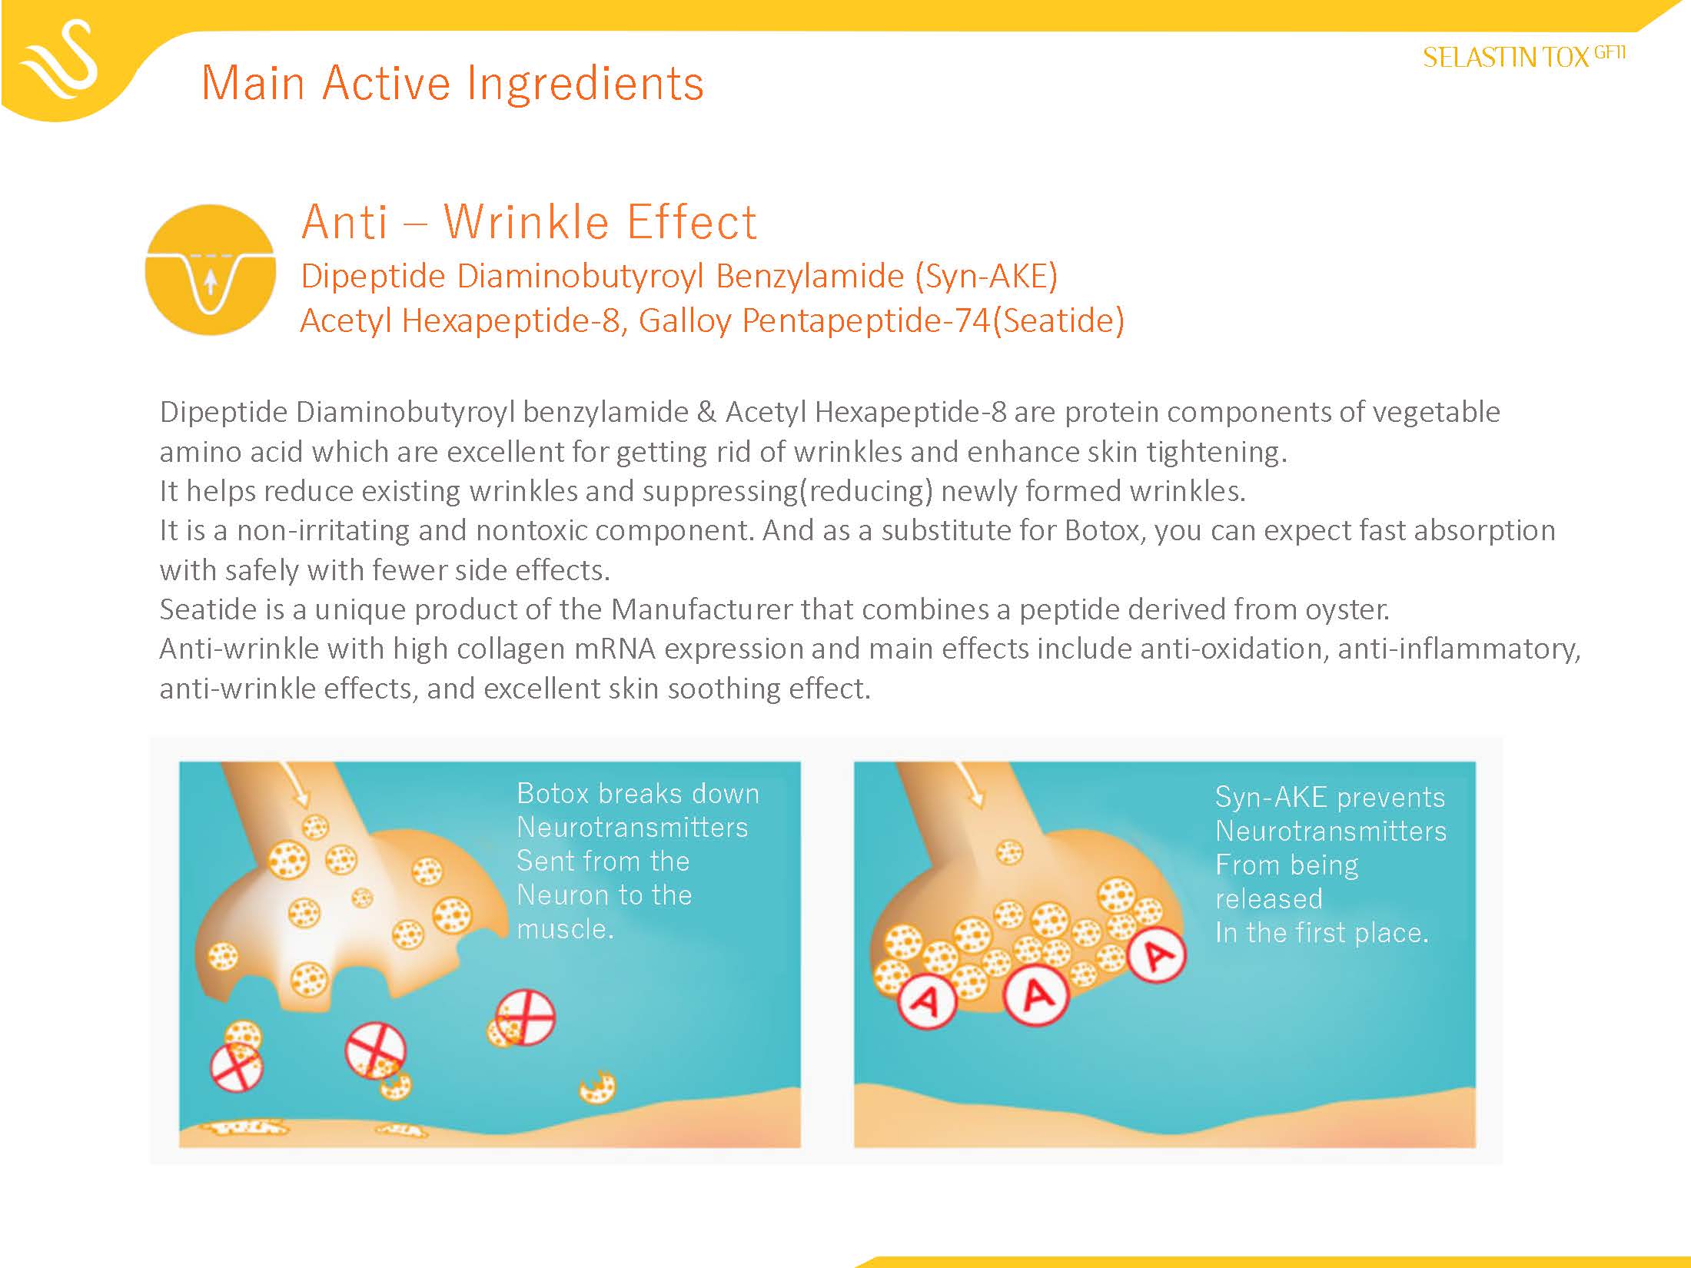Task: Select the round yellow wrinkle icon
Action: [211, 270]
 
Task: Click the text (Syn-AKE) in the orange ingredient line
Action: [986, 277]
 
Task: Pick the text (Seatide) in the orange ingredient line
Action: [1058, 320]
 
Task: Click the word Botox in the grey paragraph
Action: [1105, 531]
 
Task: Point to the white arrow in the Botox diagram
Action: [295, 784]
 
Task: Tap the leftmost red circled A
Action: [927, 1001]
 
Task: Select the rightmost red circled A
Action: [1158, 955]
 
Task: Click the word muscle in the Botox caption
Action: [565, 930]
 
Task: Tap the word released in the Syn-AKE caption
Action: [1269, 899]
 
